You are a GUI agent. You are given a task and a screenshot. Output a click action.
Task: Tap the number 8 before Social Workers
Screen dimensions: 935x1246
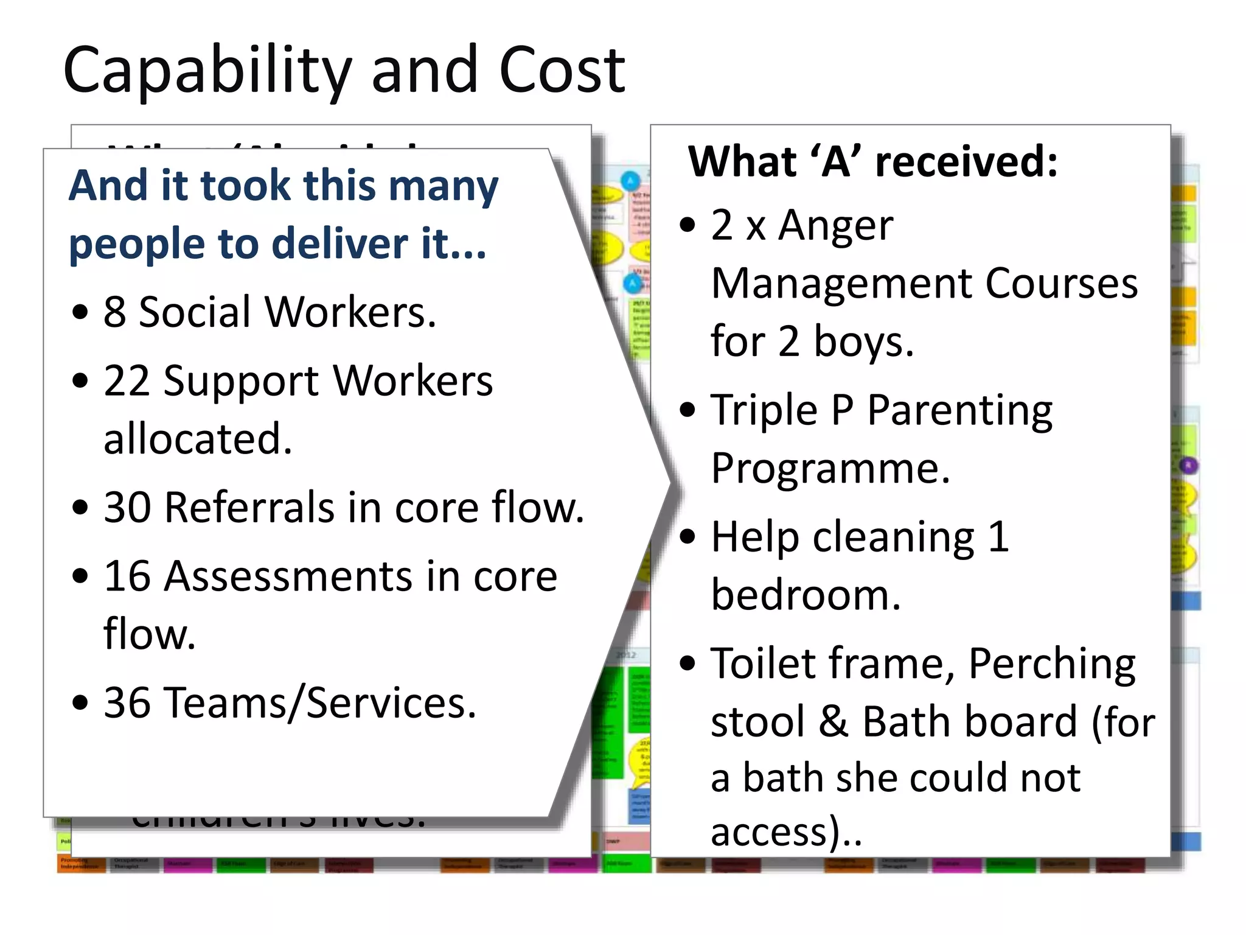point(114,312)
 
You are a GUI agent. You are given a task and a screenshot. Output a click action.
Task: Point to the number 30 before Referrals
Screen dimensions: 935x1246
point(127,507)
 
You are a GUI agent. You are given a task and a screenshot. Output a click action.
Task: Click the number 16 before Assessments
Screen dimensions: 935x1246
point(127,576)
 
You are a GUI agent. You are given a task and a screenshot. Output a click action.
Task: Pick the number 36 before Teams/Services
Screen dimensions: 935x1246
point(127,702)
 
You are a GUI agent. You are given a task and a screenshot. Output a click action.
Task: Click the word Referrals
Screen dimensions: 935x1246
point(249,507)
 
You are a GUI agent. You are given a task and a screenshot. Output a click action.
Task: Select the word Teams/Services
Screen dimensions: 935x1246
point(321,704)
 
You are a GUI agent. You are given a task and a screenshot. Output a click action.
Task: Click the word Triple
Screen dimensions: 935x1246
point(764,410)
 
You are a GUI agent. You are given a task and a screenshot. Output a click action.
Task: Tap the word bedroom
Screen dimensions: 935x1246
point(806,595)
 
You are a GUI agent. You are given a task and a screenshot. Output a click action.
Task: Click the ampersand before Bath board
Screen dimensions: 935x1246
point(834,722)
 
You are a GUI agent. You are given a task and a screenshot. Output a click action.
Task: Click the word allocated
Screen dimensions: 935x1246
point(198,439)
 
